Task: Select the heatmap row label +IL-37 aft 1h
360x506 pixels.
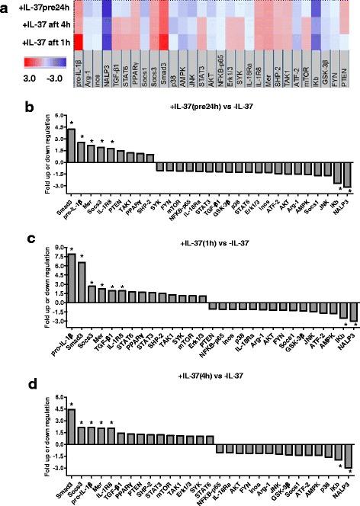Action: (34, 37)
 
